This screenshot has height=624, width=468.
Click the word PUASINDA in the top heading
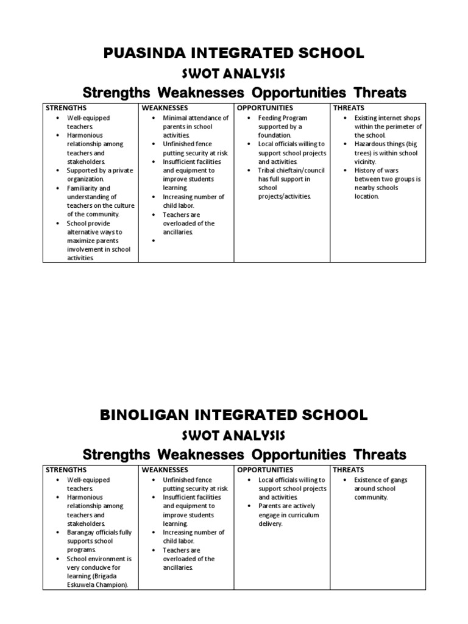(144, 54)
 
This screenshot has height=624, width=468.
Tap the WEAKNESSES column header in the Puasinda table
(165, 108)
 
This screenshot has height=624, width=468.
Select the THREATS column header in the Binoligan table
(349, 470)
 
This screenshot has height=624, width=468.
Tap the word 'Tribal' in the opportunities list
(268, 171)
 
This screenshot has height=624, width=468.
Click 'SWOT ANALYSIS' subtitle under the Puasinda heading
(234, 74)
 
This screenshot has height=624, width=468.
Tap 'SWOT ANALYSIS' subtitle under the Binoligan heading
(234, 436)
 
